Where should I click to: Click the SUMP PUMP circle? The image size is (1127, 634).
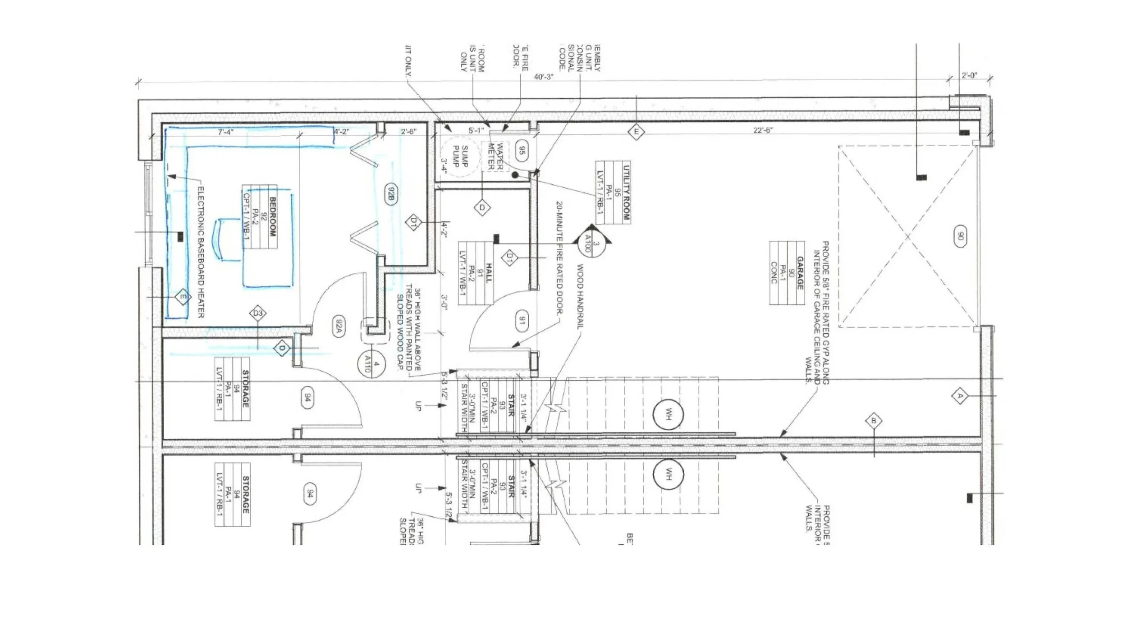[x=458, y=156]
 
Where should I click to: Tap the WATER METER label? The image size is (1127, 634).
[x=495, y=156]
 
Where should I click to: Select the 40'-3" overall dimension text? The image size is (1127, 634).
[x=543, y=77]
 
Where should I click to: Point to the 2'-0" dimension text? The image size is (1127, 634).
[x=969, y=75]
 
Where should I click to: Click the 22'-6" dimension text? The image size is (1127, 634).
[x=763, y=130]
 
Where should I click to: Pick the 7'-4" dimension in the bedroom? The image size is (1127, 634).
[x=226, y=132]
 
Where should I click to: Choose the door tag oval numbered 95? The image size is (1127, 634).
[x=522, y=151]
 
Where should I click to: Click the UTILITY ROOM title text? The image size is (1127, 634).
[x=626, y=193]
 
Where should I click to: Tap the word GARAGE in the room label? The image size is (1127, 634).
[x=800, y=273]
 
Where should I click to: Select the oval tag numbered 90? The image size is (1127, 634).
[x=960, y=236]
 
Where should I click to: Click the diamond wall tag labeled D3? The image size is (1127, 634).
[x=258, y=313]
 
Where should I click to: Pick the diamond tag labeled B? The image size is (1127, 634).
[x=874, y=421]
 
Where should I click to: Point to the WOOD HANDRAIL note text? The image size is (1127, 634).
[x=580, y=297]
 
